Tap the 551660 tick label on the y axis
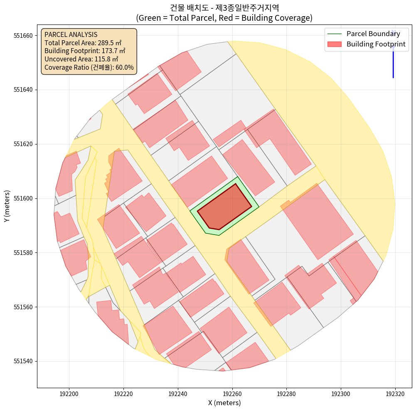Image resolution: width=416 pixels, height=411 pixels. (24, 36)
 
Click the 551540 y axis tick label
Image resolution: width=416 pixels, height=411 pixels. (24, 361)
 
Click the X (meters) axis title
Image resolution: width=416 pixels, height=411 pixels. (224, 403)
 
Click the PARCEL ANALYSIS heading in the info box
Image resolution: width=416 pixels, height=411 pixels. (71, 34)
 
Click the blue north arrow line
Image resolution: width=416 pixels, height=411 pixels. (393, 62)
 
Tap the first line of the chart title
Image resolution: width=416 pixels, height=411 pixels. (224, 8)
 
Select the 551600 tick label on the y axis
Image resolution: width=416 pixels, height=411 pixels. (24, 198)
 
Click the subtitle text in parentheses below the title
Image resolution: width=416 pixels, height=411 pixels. (224, 18)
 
